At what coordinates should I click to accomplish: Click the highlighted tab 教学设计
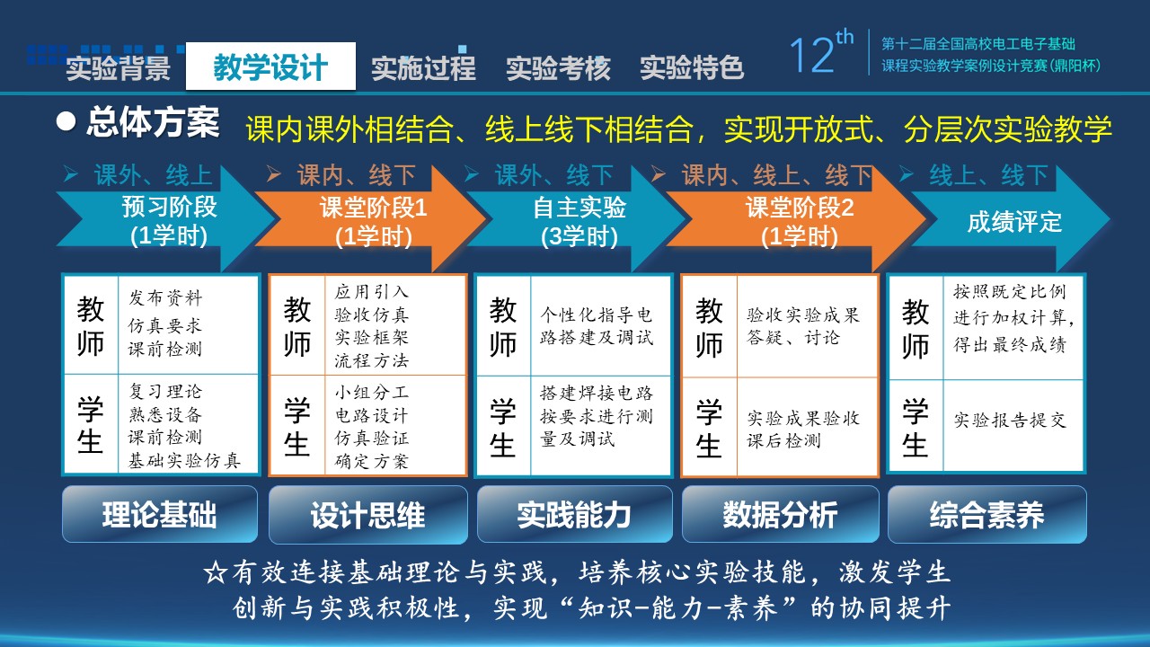[270, 66]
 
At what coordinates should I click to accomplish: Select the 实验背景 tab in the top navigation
[118, 67]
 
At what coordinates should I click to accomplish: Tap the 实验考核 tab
[558, 67]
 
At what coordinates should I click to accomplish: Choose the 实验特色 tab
[692, 67]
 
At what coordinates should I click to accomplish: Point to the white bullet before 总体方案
[66, 121]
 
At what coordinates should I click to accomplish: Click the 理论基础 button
[160, 514]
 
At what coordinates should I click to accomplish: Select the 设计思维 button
[368, 514]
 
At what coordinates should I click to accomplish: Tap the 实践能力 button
[574, 514]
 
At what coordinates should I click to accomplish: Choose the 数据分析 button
[781, 514]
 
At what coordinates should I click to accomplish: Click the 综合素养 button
[986, 514]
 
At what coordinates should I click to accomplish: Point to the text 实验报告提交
[1010, 420]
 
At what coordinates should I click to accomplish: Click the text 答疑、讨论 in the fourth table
[793, 337]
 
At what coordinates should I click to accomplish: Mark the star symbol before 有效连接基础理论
[215, 573]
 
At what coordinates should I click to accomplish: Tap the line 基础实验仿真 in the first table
[184, 461]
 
